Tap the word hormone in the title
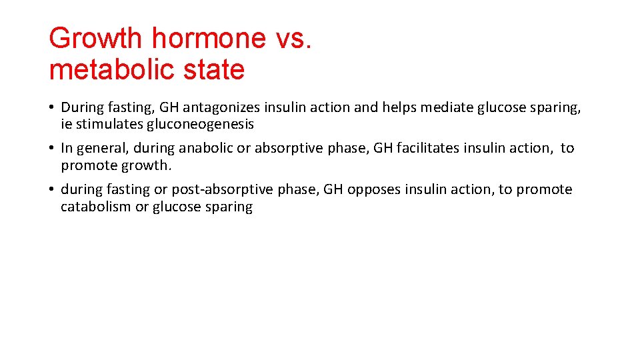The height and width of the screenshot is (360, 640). click(x=209, y=39)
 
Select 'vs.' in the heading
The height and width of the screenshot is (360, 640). click(x=293, y=39)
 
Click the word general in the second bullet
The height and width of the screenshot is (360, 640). click(x=99, y=148)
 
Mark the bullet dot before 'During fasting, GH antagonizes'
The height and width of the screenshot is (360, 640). click(x=51, y=107)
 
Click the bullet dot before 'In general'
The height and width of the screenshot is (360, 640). click(x=51, y=148)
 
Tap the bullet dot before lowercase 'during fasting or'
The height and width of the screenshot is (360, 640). click(x=51, y=190)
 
